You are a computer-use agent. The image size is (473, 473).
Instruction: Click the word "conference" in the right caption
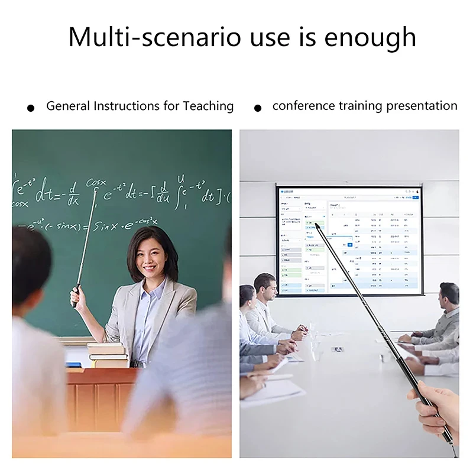(303, 106)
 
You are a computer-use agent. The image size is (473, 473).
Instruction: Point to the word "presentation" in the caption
(422, 106)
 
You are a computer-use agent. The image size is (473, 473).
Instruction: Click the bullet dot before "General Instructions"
(31, 108)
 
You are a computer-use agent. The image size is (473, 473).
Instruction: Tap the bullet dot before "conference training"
(257, 108)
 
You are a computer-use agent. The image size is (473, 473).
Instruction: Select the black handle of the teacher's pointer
(76, 296)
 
